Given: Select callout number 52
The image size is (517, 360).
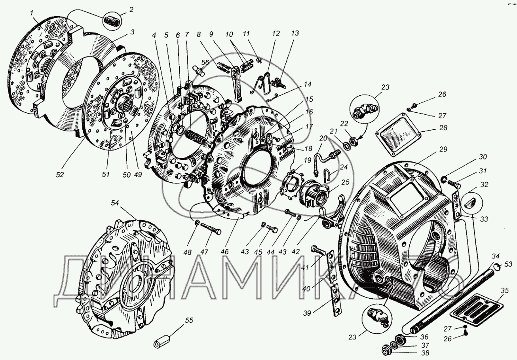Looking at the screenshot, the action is [60, 174].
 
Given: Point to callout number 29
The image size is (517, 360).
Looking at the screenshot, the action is [443, 150].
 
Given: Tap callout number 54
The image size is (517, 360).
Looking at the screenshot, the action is [115, 203].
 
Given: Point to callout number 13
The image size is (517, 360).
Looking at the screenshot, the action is [294, 33].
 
